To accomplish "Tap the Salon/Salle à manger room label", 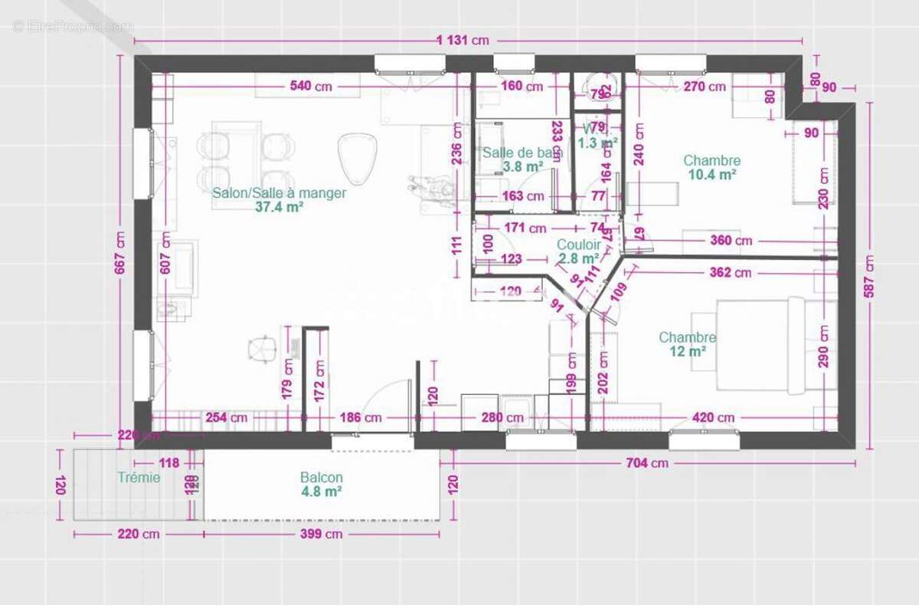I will [279, 193].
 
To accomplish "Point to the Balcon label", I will [321, 477].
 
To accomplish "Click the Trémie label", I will [139, 477].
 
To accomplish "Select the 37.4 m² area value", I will [280, 206].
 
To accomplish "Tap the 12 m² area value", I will [687, 351].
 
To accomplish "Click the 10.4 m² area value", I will [711, 174].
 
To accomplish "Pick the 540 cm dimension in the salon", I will [311, 87].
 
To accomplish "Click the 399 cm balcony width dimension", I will [321, 534].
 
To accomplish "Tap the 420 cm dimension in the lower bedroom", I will [714, 418].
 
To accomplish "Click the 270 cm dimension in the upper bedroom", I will [704, 87].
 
